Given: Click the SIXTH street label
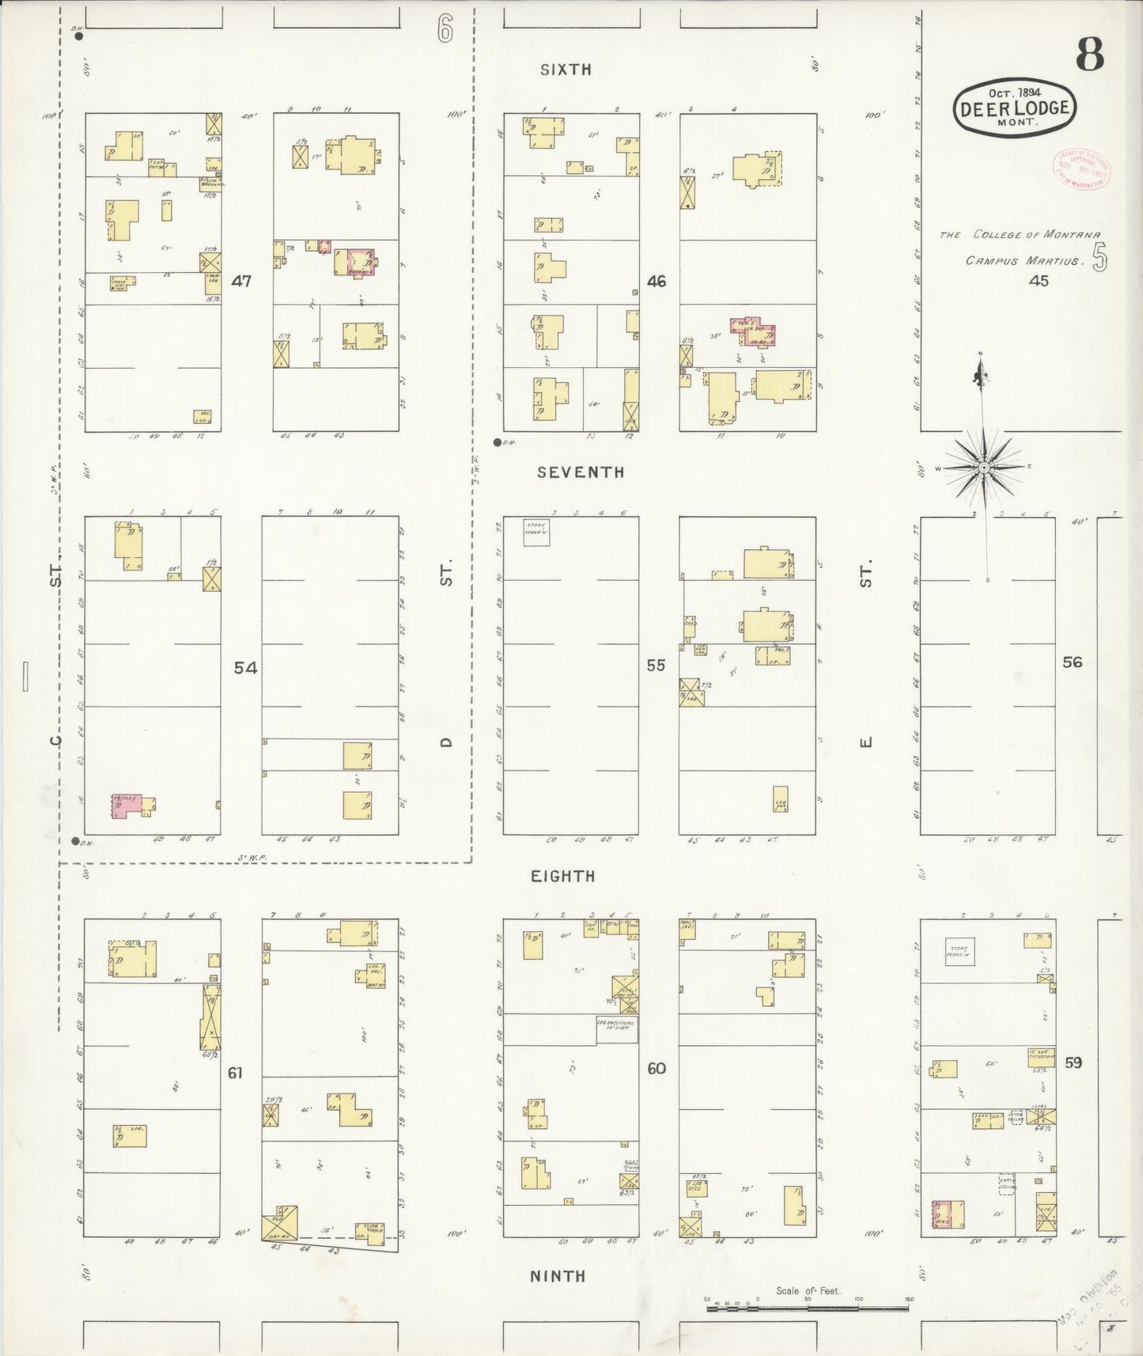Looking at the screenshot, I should (566, 70).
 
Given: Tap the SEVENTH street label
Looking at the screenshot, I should (581, 472).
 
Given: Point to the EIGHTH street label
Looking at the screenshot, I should (562, 876).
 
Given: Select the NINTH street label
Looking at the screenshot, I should (558, 1275).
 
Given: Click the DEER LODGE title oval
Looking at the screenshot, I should (1014, 109).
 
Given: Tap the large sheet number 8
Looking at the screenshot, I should (1089, 55).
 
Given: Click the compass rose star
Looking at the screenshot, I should (983, 468).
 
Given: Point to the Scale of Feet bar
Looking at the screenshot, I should (807, 1308).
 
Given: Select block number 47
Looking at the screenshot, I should (241, 281).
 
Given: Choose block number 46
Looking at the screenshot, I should (657, 281).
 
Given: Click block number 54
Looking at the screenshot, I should (245, 668).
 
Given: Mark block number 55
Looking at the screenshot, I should (656, 665).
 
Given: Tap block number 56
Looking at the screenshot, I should (1072, 662).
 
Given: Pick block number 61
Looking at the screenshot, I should (235, 1073).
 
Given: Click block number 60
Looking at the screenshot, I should (657, 1068).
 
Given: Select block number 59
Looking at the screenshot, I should (1073, 1062).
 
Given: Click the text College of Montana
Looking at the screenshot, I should (1020, 235).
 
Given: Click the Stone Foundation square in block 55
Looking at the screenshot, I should (536, 532).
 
